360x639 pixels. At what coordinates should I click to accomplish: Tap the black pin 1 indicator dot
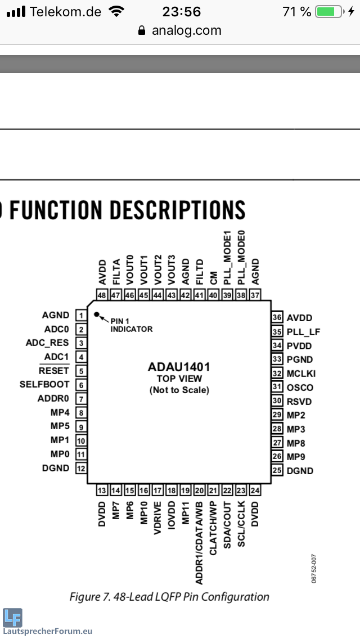pyautogui.click(x=97, y=314)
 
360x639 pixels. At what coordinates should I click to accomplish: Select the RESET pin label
pyautogui.click(x=54, y=371)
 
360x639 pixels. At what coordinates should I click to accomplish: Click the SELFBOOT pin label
pyautogui.click(x=44, y=385)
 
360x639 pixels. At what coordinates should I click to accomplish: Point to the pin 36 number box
pyautogui.click(x=277, y=317)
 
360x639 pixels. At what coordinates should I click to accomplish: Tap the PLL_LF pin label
pyautogui.click(x=303, y=332)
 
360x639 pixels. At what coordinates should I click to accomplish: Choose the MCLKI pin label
pyautogui.click(x=301, y=373)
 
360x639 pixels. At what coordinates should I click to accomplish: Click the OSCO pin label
pyautogui.click(x=300, y=388)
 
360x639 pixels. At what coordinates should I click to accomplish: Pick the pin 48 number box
pyautogui.click(x=102, y=295)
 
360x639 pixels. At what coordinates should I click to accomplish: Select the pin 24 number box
pyautogui.click(x=255, y=490)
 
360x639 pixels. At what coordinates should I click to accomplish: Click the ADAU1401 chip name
pyautogui.click(x=179, y=367)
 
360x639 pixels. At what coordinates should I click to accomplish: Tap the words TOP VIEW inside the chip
pyautogui.click(x=179, y=379)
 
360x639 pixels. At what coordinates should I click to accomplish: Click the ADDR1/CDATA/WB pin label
pyautogui.click(x=199, y=535)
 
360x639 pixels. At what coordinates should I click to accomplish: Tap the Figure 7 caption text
pyautogui.click(x=169, y=597)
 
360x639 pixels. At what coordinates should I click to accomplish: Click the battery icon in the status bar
pyautogui.click(x=329, y=12)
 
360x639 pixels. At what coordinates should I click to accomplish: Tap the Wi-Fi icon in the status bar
pyautogui.click(x=117, y=12)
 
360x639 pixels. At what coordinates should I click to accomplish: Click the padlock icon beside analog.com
pyautogui.click(x=142, y=31)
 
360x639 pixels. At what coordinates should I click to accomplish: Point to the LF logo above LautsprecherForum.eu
pyautogui.click(x=12, y=618)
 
